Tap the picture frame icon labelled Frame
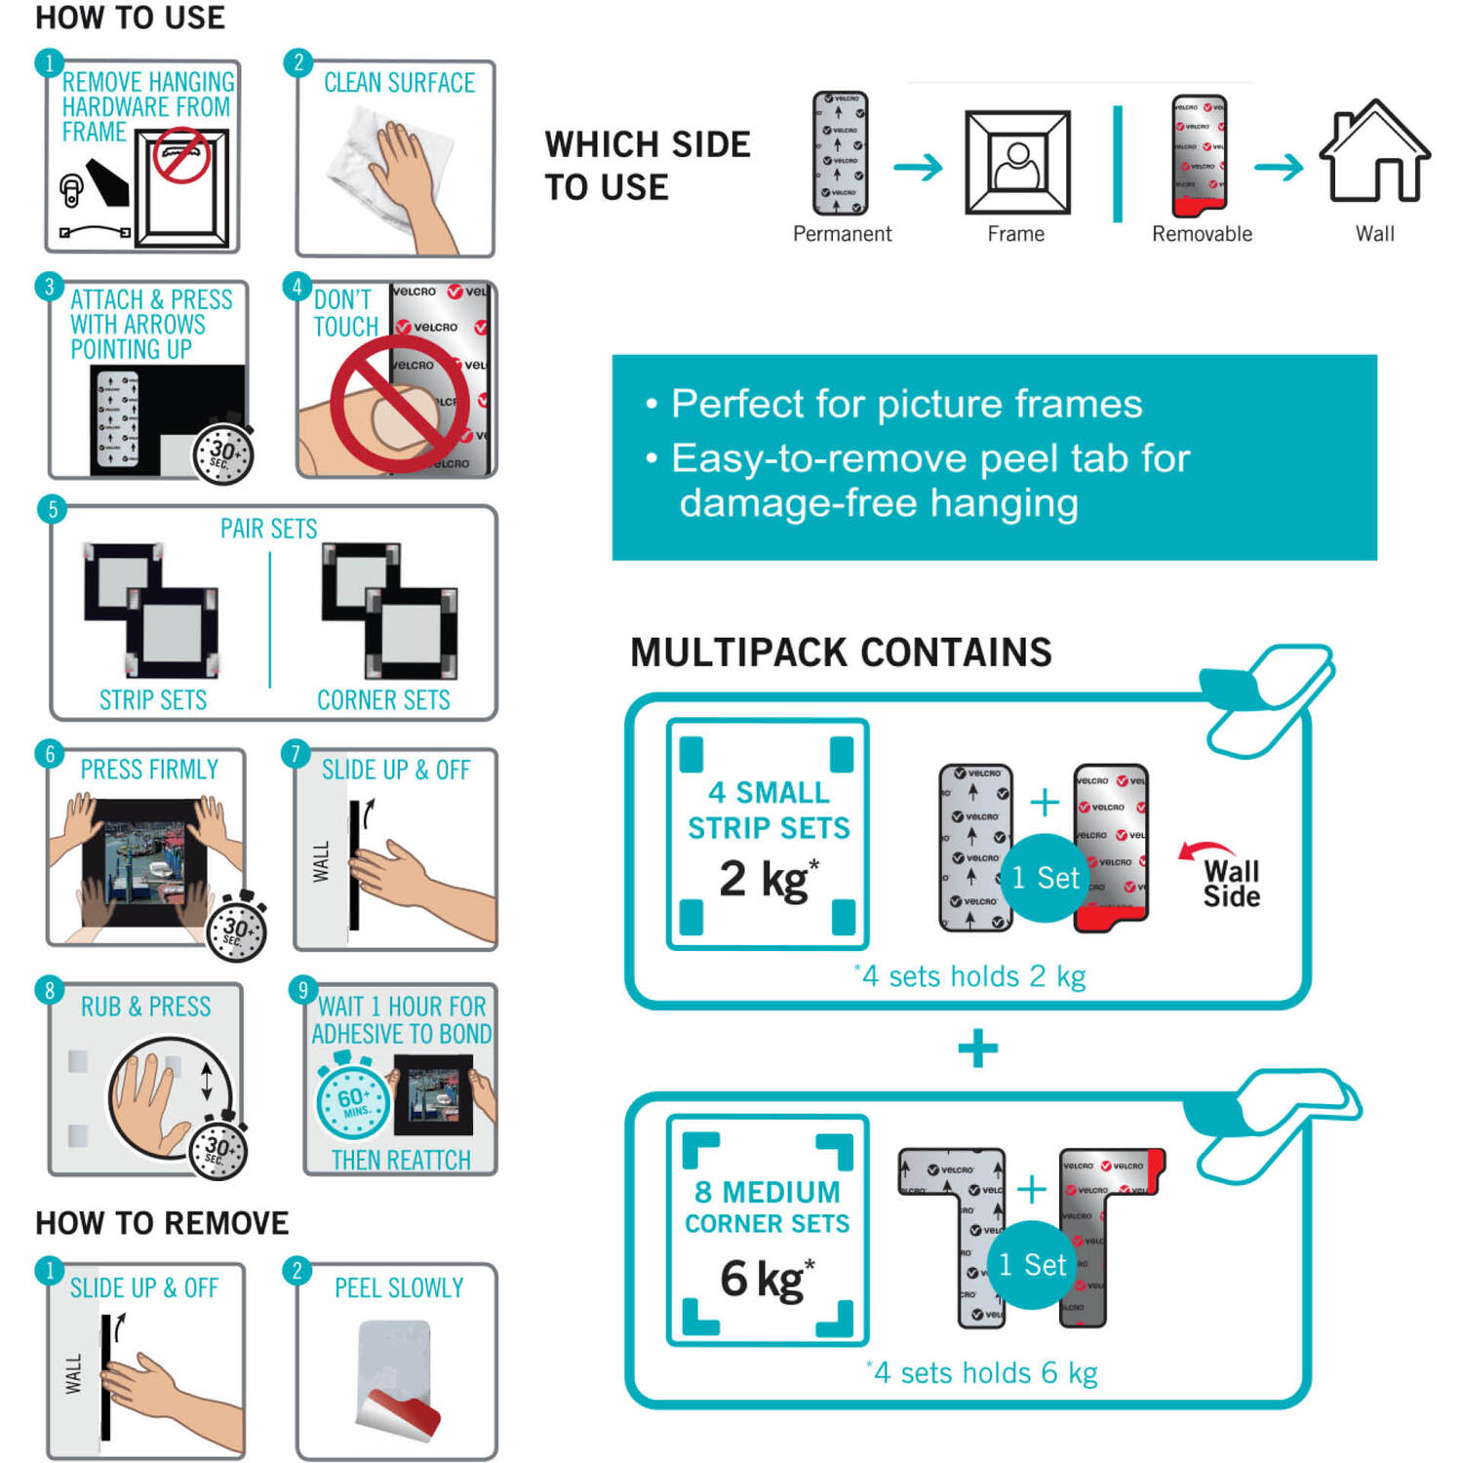1017,162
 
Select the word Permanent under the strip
842,234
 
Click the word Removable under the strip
1202,234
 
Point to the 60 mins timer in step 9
352,1101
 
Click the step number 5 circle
53,509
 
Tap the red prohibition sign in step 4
399,404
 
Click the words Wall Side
1231,884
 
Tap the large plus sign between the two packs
977,1049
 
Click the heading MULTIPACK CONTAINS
841,652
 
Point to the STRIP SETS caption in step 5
153,700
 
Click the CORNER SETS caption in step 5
383,700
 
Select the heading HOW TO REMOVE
162,1223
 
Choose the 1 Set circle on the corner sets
1032,1265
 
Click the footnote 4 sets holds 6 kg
983,1373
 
